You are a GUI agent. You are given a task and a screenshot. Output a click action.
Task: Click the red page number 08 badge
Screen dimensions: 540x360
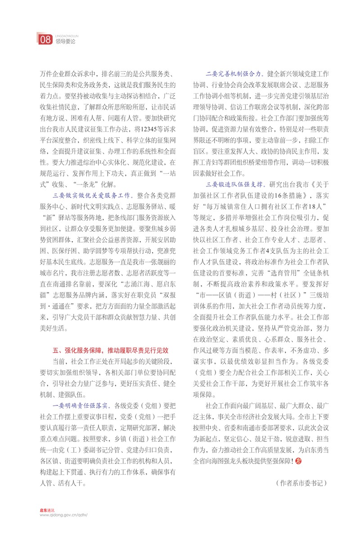click(x=45, y=40)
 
